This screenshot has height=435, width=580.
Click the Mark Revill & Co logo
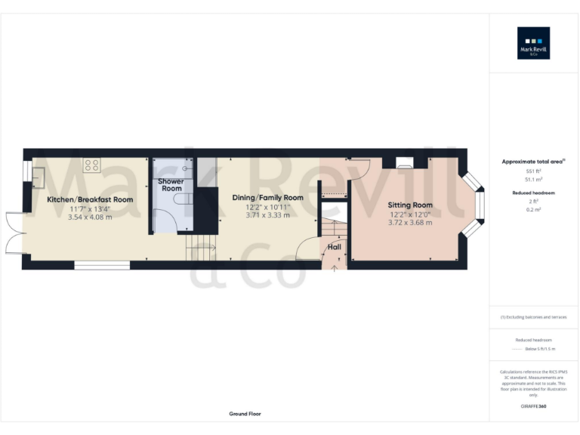533,43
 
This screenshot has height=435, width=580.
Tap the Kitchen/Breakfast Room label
90,199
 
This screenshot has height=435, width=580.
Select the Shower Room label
171,185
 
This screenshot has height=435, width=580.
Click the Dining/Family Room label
274,198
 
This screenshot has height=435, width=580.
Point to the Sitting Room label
410,205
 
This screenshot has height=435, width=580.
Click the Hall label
333,247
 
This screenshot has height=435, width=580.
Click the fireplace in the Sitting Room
403,162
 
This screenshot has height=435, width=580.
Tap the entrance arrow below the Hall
334,267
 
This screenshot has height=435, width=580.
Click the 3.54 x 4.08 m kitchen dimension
90,217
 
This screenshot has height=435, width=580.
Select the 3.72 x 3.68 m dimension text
410,223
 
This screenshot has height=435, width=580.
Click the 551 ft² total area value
533,171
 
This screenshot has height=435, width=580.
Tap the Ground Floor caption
245,414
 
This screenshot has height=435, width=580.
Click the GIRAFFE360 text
533,407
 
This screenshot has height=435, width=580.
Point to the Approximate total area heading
533,162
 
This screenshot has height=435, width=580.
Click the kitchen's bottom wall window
102,265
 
